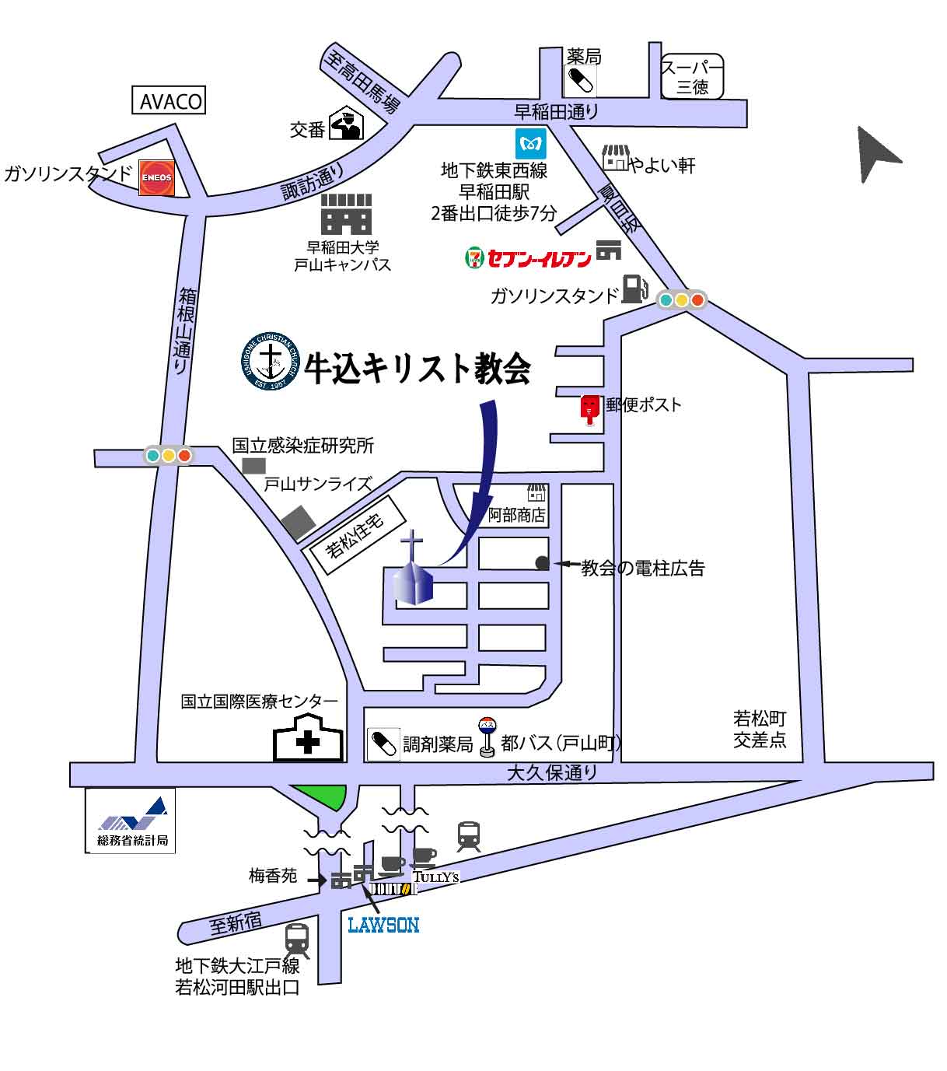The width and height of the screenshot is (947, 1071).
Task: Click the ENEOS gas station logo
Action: (x=156, y=177)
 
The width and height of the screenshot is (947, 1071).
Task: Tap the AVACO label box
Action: (x=171, y=100)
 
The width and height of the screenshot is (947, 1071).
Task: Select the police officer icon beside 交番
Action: (x=346, y=124)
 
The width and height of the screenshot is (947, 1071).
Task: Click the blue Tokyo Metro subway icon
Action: (x=531, y=144)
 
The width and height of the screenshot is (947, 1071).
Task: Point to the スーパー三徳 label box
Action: (x=692, y=77)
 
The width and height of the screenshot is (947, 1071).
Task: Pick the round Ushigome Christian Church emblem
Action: (x=271, y=359)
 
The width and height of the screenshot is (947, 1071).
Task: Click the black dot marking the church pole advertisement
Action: (x=542, y=563)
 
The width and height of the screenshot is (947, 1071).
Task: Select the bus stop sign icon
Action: (x=487, y=735)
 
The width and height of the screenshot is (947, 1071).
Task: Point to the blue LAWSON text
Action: (x=383, y=925)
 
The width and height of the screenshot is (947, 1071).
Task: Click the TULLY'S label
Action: (x=436, y=877)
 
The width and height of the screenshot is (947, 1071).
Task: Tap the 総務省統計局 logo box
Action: (x=131, y=820)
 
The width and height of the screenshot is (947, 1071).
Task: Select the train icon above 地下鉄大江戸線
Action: (x=297, y=940)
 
